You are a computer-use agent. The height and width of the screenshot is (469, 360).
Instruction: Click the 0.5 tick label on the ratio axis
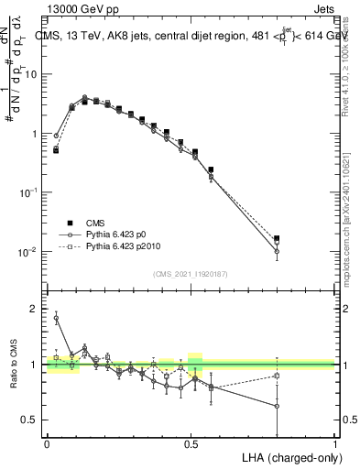30,420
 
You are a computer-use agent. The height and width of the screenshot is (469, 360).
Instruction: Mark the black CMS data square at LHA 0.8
277,238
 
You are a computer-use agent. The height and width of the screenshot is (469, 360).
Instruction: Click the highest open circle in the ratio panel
56,318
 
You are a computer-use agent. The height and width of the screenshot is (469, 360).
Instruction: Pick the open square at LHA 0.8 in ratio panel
277,376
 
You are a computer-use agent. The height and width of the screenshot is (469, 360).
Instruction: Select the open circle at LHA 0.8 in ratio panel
277,406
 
